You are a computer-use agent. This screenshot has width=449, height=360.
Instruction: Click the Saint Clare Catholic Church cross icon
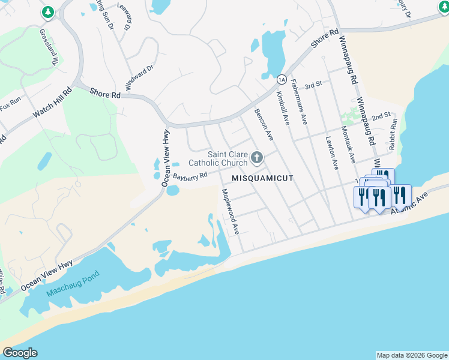257,158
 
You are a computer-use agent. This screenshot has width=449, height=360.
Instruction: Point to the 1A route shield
281,79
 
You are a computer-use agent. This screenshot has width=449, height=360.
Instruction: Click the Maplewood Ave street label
231,211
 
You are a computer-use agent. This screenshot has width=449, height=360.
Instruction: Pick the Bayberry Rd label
190,176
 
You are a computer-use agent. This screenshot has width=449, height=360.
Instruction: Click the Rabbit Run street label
393,133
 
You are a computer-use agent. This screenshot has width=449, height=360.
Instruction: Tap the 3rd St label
313,85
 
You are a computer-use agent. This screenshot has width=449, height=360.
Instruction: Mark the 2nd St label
381,115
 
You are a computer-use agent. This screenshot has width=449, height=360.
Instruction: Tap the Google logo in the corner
20,353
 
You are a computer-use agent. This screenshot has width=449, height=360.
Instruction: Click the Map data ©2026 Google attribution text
411,355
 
